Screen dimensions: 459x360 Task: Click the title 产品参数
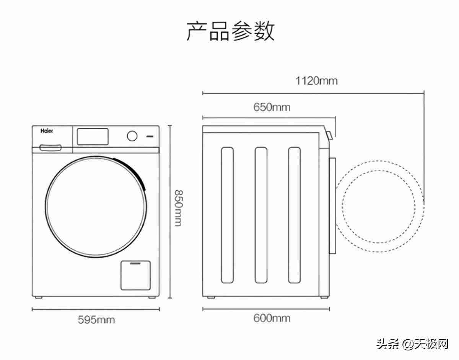230,31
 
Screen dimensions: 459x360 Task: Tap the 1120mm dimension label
316,81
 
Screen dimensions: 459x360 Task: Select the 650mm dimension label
272,107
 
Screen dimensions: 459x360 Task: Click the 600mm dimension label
272,318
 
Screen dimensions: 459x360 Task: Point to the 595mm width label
96,320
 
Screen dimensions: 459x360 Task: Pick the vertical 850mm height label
179,208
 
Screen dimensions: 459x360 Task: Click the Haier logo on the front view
47,131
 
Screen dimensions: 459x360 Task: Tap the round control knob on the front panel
132,136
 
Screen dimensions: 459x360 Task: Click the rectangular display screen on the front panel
93,136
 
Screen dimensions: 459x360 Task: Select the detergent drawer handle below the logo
51,148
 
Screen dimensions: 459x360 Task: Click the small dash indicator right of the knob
150,136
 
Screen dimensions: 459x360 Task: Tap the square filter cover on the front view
136,276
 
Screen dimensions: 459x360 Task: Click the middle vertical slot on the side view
261,215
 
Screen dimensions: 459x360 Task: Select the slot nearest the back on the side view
227,215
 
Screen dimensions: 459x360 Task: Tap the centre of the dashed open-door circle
379,206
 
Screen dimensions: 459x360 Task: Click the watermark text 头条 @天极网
412,344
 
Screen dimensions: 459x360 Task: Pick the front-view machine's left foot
39,298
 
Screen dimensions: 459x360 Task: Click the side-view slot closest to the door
295,215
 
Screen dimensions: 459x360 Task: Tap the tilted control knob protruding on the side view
329,135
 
